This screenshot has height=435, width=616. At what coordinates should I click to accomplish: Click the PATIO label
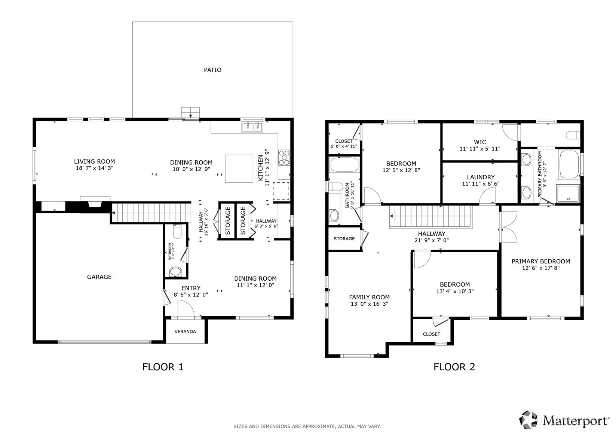(212, 70)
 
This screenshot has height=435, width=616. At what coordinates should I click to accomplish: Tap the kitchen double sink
(252, 127)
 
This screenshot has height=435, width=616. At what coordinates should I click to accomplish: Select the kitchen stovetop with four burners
(284, 157)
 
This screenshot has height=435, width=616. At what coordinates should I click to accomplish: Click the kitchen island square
(239, 169)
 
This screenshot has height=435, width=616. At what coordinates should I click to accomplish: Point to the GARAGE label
(99, 277)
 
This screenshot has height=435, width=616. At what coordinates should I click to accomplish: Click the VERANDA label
(186, 331)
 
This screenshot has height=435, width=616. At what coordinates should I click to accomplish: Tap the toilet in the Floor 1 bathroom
(177, 231)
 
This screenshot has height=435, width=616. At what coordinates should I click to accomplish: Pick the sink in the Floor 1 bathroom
(175, 272)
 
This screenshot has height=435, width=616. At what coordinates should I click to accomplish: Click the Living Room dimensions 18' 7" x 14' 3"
(95, 168)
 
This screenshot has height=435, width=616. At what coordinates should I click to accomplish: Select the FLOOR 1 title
(163, 367)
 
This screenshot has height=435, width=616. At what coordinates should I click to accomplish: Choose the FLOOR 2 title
(454, 367)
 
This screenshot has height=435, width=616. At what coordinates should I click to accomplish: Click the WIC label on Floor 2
(480, 142)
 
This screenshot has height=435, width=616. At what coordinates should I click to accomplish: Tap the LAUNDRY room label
(481, 177)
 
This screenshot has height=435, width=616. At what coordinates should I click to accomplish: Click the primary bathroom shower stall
(568, 194)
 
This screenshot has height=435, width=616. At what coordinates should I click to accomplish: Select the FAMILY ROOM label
(369, 297)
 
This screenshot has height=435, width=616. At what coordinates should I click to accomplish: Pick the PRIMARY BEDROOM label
(541, 261)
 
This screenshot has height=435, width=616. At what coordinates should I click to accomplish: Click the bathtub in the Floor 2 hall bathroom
(344, 164)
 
